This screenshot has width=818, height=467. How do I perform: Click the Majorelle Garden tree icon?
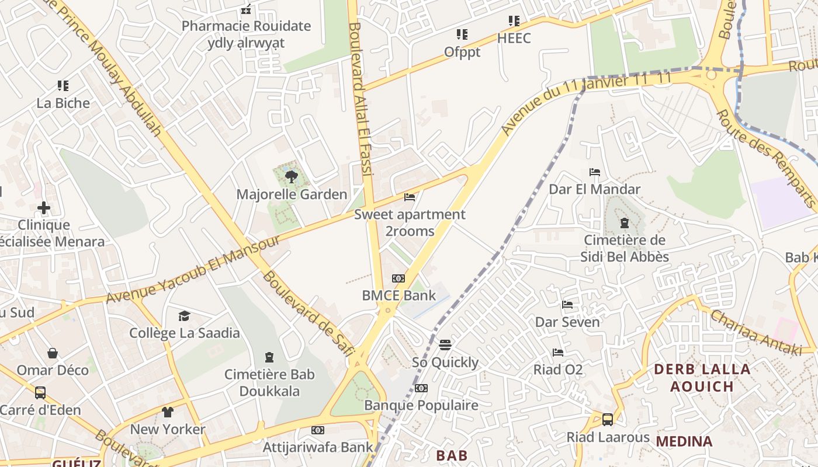pyautogui.click(x=290, y=176)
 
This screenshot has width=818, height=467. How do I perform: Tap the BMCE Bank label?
pyautogui.click(x=398, y=295)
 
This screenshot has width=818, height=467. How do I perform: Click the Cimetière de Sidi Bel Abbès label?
pyautogui.click(x=624, y=249)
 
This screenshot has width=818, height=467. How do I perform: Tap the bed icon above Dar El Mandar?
pyautogui.click(x=595, y=172)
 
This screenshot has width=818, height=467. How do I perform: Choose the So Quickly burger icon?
pyautogui.click(x=445, y=344)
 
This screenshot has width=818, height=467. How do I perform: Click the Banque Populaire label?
pyautogui.click(x=421, y=405)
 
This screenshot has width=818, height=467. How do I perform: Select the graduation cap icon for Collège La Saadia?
pyautogui.click(x=185, y=316)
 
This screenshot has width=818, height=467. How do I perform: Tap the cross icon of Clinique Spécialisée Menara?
pyautogui.click(x=44, y=208)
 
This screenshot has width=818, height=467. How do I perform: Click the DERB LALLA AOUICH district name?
pyautogui.click(x=701, y=378)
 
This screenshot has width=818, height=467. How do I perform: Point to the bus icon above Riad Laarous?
pyautogui.click(x=608, y=419)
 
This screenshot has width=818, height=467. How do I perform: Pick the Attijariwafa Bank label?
pyautogui.click(x=317, y=447)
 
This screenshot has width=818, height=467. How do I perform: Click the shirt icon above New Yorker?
pyautogui.click(x=168, y=412)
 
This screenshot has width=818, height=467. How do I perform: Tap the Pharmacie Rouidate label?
pyautogui.click(x=246, y=26)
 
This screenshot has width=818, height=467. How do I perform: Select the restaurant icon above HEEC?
pyautogui.click(x=514, y=21)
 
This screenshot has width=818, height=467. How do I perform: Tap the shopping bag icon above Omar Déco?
pyautogui.click(x=53, y=353)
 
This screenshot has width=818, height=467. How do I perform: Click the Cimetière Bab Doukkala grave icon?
pyautogui.click(x=269, y=357)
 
